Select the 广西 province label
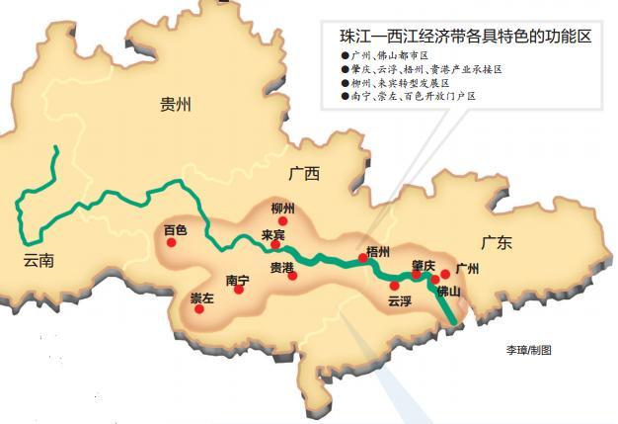pyautogui.click(x=305, y=174)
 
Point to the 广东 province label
pyautogui.click(x=496, y=242)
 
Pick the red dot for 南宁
pyautogui.click(x=238, y=290)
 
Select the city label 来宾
pyautogui.click(x=273, y=235)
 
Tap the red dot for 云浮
pyautogui.click(x=394, y=286)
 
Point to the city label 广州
pyautogui.click(x=466, y=269)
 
